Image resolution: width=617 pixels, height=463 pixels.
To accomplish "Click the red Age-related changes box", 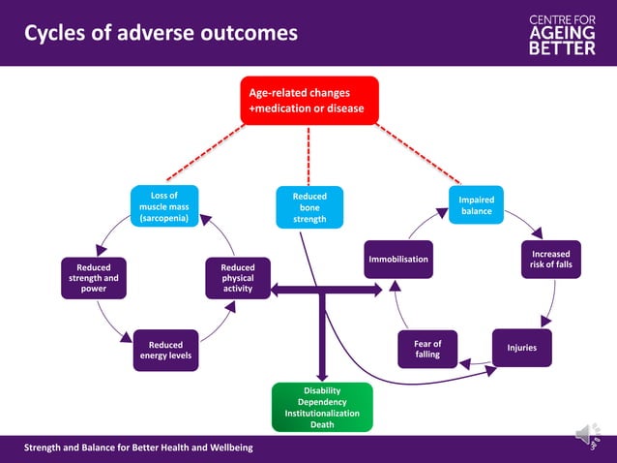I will (x=308, y=101).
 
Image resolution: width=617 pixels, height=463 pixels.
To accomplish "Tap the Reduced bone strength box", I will (x=308, y=207).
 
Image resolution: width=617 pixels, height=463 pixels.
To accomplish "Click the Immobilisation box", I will (x=397, y=260).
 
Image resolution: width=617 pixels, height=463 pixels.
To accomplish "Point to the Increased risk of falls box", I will (x=550, y=260).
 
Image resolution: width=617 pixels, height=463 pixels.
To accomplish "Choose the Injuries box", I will (x=521, y=348).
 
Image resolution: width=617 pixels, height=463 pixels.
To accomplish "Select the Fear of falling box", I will (x=427, y=349).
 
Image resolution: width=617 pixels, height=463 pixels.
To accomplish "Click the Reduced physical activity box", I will (x=238, y=278).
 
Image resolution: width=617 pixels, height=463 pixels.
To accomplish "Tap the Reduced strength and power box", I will (x=93, y=278).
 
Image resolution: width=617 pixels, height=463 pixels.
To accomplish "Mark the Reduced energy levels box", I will (x=169, y=350).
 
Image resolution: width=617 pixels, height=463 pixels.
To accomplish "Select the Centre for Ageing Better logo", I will (x=562, y=33).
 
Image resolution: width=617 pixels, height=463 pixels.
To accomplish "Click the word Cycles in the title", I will (x=55, y=34).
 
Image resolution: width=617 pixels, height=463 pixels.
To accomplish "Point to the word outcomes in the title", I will (x=248, y=34).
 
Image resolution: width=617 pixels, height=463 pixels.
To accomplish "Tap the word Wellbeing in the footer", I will (x=226, y=447).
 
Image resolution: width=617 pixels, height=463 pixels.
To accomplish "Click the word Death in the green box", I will (x=321, y=424).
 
